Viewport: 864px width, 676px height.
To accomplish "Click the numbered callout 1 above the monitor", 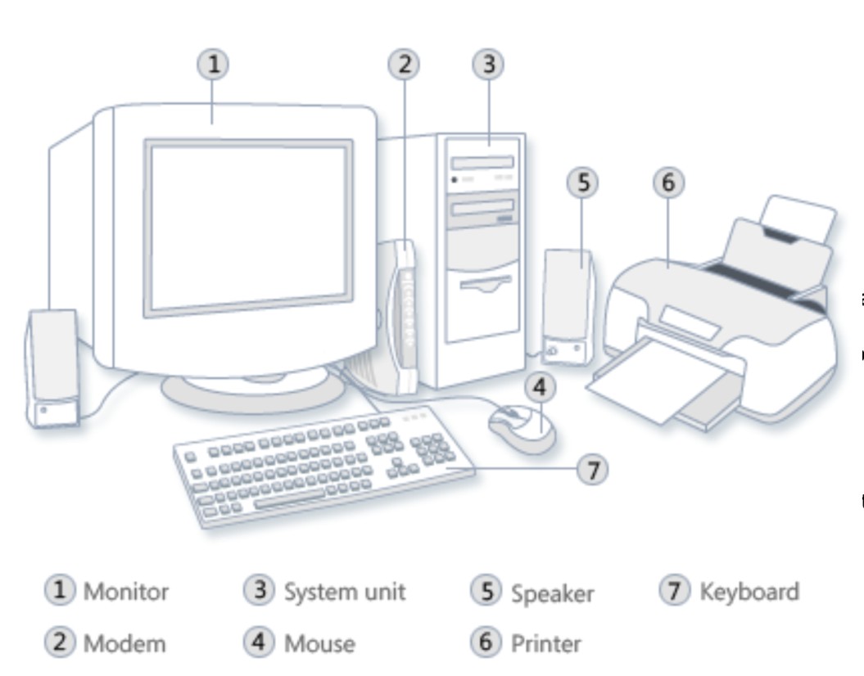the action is pyautogui.click(x=214, y=64).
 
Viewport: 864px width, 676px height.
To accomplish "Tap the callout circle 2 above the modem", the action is pyautogui.click(x=404, y=64).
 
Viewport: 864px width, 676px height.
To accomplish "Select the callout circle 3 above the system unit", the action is pyautogui.click(x=488, y=64).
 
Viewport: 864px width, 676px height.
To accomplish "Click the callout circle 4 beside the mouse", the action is pyautogui.click(x=540, y=387).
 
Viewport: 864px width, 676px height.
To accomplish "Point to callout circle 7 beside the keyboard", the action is pyautogui.click(x=593, y=470).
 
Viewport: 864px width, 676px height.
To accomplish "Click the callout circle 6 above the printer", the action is pyautogui.click(x=668, y=183).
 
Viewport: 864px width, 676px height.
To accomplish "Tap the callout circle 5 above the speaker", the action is pyautogui.click(x=582, y=183).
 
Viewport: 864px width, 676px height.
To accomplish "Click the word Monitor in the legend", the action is pyautogui.click(x=126, y=592).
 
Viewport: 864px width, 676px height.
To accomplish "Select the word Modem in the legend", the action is pyautogui.click(x=124, y=643).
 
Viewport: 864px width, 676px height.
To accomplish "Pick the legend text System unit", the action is pyautogui.click(x=344, y=592).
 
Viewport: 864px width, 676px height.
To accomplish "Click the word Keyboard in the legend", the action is pyautogui.click(x=749, y=592).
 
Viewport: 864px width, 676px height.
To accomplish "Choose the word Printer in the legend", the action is pyautogui.click(x=545, y=643).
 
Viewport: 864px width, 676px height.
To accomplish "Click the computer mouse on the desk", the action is pyautogui.click(x=521, y=428).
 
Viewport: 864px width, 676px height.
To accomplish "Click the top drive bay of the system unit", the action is pyautogui.click(x=483, y=163).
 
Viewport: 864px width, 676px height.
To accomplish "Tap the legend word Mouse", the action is pyautogui.click(x=319, y=643).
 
